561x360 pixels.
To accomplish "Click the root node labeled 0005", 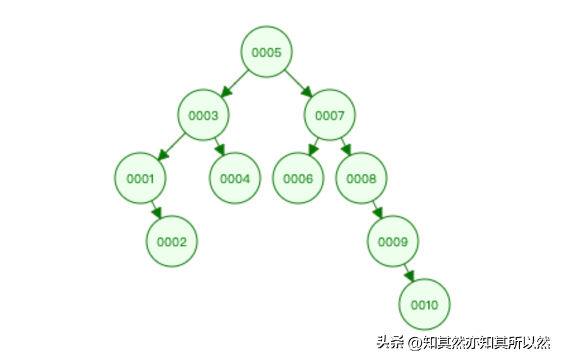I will [x=267, y=52].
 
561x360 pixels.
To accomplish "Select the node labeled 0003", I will [x=203, y=116].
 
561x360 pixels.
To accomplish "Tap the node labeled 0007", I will [x=330, y=116].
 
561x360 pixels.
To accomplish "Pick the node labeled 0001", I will [x=140, y=179].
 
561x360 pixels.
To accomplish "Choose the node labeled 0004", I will [x=235, y=179].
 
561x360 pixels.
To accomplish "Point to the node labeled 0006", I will [x=298, y=179].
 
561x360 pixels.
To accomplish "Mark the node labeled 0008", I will [x=361, y=179].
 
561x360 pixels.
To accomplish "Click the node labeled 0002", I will [x=172, y=241].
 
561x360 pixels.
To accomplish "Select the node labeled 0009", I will [x=393, y=241].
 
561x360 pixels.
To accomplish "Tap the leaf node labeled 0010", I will [x=425, y=304].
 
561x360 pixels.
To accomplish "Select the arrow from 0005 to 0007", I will [x=298, y=83].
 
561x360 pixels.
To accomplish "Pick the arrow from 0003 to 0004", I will [x=219, y=147].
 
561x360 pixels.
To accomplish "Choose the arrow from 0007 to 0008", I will [x=345, y=147].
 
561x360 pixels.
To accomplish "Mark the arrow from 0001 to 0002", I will [x=156, y=210].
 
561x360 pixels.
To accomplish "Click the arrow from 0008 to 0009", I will [x=377, y=210].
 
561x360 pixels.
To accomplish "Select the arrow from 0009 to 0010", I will [x=409, y=273].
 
